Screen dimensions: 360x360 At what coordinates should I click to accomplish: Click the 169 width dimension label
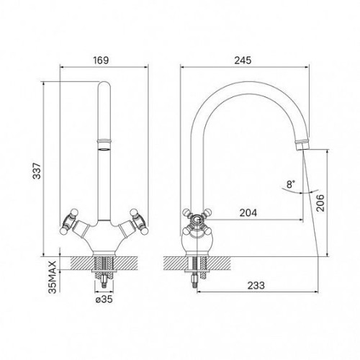[101, 60]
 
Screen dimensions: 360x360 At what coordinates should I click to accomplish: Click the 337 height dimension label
[37, 171]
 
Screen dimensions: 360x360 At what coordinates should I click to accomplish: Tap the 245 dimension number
[243, 60]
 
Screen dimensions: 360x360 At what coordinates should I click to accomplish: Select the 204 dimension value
[248, 212]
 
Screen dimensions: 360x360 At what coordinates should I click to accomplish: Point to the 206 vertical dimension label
[320, 203]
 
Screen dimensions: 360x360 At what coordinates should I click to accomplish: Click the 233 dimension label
[256, 285]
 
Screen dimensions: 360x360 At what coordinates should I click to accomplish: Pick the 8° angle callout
[290, 184]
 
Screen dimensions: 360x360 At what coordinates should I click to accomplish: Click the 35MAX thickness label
[53, 277]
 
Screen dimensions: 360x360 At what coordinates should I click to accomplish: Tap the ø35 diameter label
[104, 300]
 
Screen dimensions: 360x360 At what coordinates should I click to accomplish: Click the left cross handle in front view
[69, 221]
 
